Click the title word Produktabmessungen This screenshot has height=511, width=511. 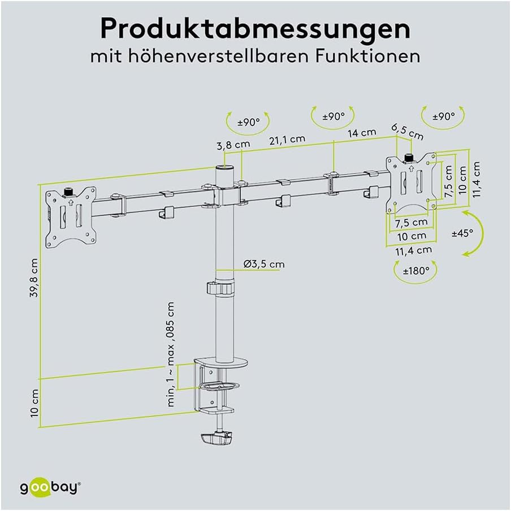pos(255,29)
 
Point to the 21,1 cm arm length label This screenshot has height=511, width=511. pos(287,139)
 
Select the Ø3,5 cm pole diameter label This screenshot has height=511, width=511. pos(264,264)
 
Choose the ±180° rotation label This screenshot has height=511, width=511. pos(416,271)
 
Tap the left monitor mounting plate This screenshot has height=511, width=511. pos(70,218)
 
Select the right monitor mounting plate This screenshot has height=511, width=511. pos(412,183)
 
